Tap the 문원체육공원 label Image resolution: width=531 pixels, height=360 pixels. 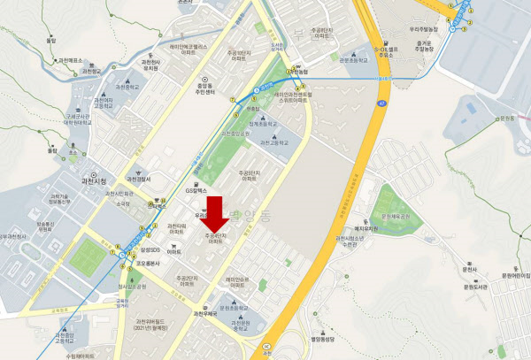point(396,216)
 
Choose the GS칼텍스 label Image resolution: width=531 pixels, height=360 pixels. point(196,190)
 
